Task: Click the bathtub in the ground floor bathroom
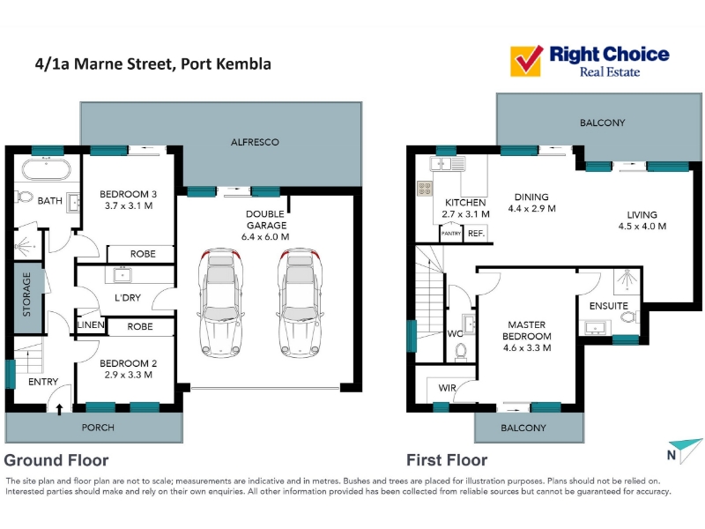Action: [x=47, y=169]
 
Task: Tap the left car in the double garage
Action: [x=220, y=302]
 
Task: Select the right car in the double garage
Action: [x=300, y=302]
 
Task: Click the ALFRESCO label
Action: [x=255, y=142]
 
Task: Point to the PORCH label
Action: [x=98, y=428]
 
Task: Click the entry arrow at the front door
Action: [x=59, y=408]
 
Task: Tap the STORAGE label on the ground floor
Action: [x=26, y=294]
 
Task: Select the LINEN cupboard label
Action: [x=91, y=324]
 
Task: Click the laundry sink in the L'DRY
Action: [x=122, y=274]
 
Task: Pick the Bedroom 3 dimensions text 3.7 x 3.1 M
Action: [x=129, y=205]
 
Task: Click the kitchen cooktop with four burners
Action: [x=425, y=188]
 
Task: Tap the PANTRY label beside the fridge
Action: [x=451, y=234]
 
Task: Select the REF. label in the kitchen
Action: [x=476, y=234]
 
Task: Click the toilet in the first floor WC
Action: [x=461, y=352]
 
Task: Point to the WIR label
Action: [x=447, y=388]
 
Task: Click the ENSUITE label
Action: [x=608, y=306]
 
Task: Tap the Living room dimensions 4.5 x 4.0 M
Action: [x=642, y=227]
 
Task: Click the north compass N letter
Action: [x=672, y=455]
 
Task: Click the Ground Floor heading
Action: [x=56, y=460]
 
